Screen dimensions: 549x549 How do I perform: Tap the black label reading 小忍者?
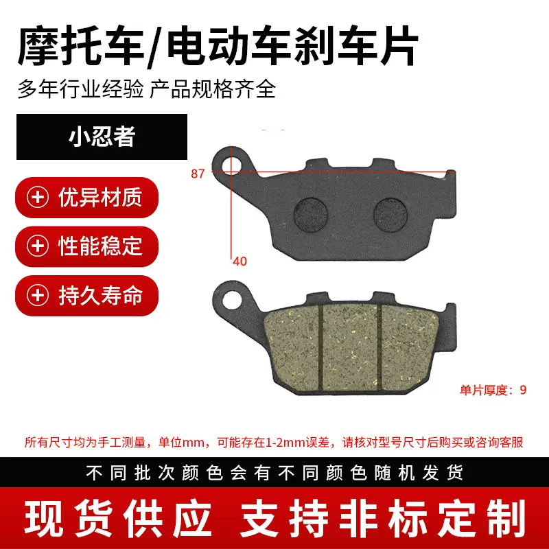[x=102, y=137]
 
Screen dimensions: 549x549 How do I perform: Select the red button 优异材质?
[x=87, y=198]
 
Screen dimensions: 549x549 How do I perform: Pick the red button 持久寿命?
[x=87, y=295]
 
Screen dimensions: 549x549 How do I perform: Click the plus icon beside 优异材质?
[x=37, y=198]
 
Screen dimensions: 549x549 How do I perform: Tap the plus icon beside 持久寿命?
[x=37, y=295]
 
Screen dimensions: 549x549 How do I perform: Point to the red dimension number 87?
[x=198, y=174]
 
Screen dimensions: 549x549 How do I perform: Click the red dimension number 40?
[x=240, y=261]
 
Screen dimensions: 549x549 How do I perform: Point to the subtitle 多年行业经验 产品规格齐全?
[x=146, y=89]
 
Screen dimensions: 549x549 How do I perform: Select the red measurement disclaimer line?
[x=274, y=442]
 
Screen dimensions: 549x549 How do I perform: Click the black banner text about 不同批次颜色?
[x=274, y=473]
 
